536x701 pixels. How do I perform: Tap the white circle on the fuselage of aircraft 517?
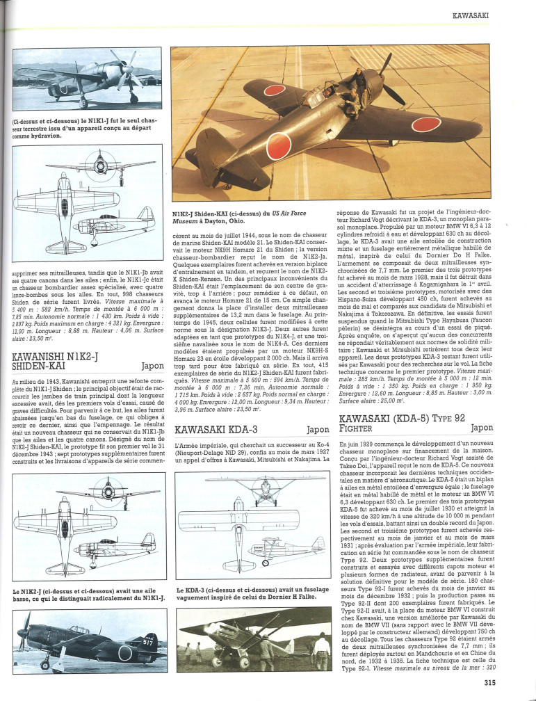[125, 652]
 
